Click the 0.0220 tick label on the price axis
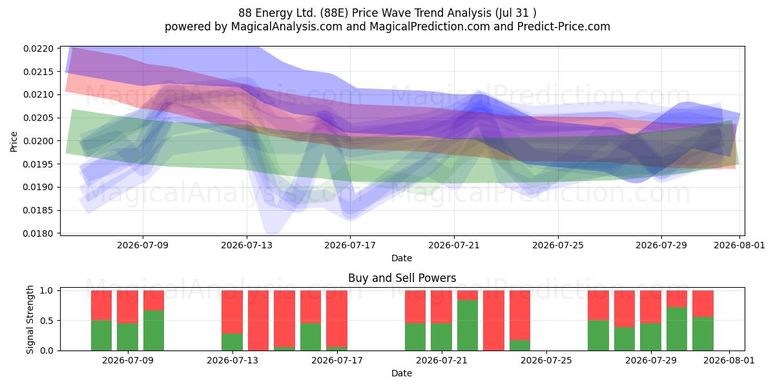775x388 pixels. coord(38,48)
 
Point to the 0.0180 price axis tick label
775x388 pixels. coord(38,233)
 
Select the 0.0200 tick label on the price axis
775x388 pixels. coord(38,141)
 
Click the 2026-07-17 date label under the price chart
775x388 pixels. coord(350,245)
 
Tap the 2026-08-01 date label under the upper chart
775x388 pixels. coord(739,245)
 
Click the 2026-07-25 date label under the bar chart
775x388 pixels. coord(546,360)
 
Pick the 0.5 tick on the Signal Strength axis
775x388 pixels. coord(46,321)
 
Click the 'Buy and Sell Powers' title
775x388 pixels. coord(402,278)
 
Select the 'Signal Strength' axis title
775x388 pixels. coord(30,319)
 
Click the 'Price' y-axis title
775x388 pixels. coord(14,142)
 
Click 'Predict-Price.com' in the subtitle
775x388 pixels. coord(564,27)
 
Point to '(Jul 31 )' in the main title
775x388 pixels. coord(516,13)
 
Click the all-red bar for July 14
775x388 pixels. coord(258,321)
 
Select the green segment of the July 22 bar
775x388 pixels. coord(468,325)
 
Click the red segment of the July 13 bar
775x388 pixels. coord(232,312)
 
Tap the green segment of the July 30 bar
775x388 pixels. coord(677,329)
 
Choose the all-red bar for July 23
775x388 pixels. coord(493,321)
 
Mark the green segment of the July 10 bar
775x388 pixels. coord(154,330)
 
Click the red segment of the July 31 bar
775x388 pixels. coord(703,303)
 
